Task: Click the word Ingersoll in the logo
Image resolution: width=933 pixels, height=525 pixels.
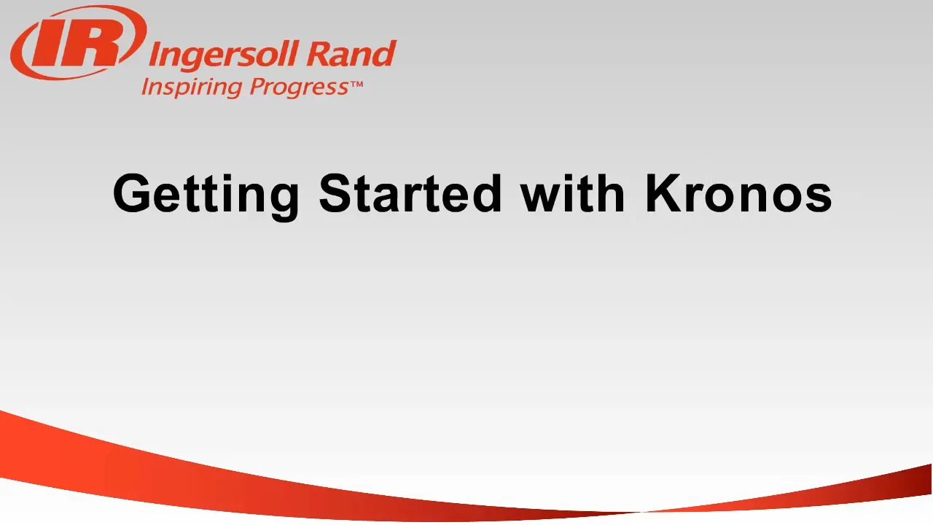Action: (222, 55)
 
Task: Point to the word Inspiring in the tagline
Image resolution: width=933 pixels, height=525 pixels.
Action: (191, 87)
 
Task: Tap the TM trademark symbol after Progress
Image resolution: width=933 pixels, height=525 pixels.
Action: (356, 85)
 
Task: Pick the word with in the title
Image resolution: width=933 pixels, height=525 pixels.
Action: (573, 194)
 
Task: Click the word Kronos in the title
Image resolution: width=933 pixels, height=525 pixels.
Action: (738, 194)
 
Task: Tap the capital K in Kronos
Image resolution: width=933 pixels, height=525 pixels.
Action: (661, 194)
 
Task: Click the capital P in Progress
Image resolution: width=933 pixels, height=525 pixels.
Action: (257, 87)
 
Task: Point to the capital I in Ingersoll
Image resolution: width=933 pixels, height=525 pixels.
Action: (155, 55)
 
